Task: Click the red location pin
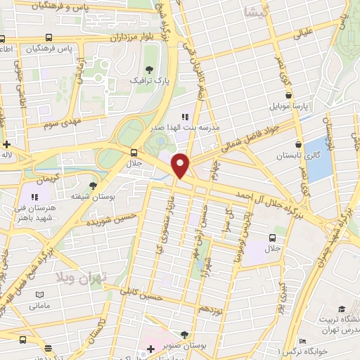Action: (x=181, y=165)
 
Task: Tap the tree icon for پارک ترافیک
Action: (x=149, y=70)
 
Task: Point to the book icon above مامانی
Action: (x=40, y=294)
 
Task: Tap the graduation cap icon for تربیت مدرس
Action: (x=342, y=309)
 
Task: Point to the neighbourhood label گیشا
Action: (x=251, y=13)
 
